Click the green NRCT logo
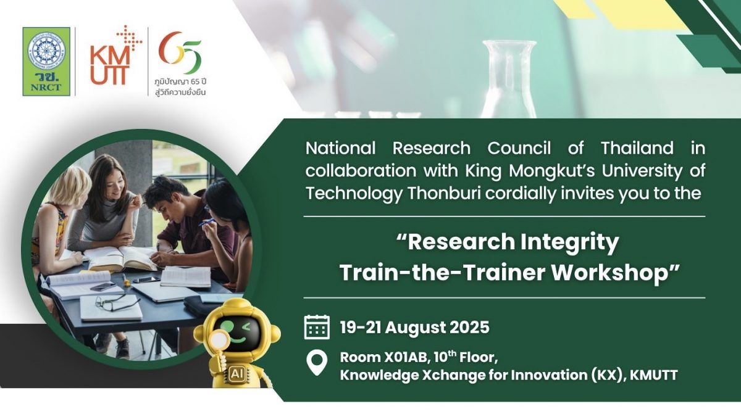[x=46, y=62]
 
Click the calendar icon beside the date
[x=317, y=327]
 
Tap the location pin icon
[x=317, y=363]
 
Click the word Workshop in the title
[x=609, y=273]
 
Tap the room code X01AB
[x=406, y=357]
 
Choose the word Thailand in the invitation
[x=637, y=148]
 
